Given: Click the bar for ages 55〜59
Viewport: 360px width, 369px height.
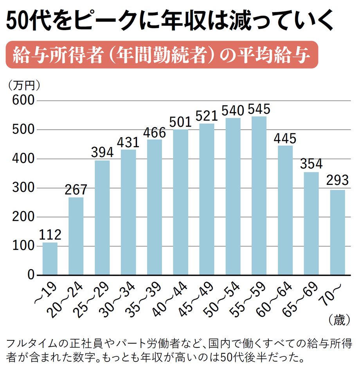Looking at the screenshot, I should coord(259,196).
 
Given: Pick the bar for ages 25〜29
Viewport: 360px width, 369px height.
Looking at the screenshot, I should coord(102,218).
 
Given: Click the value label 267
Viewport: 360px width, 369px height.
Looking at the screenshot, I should coord(76,190).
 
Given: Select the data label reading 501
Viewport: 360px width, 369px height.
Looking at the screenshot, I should coord(181,122).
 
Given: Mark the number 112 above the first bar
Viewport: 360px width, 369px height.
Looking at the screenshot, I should coord(50,235).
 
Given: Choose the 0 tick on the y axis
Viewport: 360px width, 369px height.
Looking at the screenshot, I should coord(30,275).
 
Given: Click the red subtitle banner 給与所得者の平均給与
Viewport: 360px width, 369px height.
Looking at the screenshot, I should coord(162,55).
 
